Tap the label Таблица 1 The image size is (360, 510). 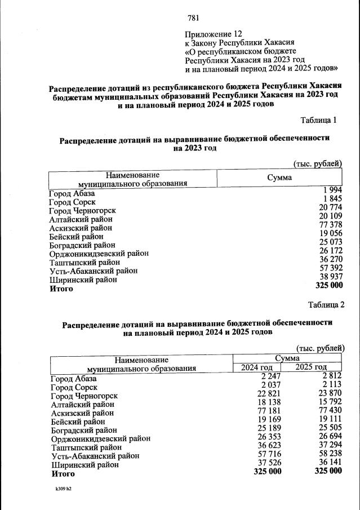[319, 120]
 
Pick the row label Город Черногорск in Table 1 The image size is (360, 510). [86, 211]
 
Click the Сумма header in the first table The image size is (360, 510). [279, 178]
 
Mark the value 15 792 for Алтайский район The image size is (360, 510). [328, 402]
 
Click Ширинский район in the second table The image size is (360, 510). [85, 465]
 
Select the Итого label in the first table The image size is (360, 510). [61, 289]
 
